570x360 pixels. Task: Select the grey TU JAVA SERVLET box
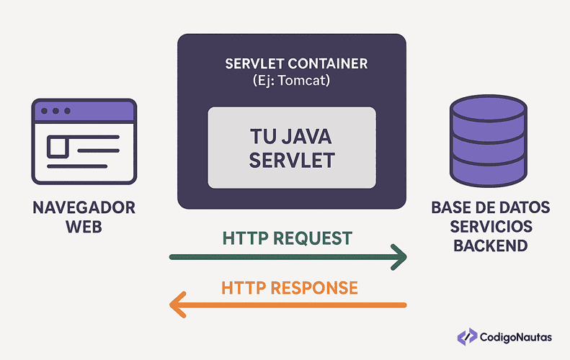[x=292, y=147]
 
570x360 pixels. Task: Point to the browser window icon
[x=83, y=142]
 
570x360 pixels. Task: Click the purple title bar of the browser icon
[x=83, y=111]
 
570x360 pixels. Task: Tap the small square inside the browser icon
[x=58, y=148]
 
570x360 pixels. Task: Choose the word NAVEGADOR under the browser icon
[x=84, y=209]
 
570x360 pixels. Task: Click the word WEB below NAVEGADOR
[x=84, y=228]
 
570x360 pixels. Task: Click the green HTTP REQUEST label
[x=288, y=238]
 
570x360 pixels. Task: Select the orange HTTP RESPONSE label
[x=290, y=288]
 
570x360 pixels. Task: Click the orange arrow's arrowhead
[x=177, y=305]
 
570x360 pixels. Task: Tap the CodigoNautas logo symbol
[x=466, y=336]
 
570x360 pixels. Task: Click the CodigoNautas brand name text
[x=517, y=336]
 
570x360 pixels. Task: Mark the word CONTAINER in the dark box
[x=328, y=63]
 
